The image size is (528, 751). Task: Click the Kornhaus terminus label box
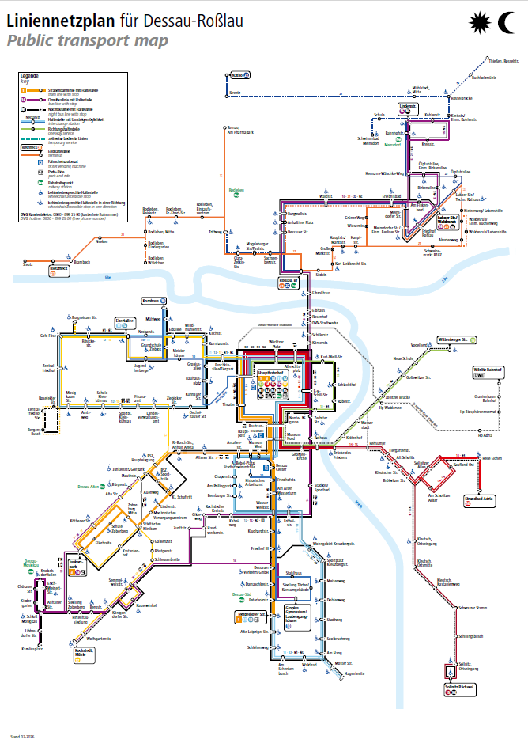click(153, 302)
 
